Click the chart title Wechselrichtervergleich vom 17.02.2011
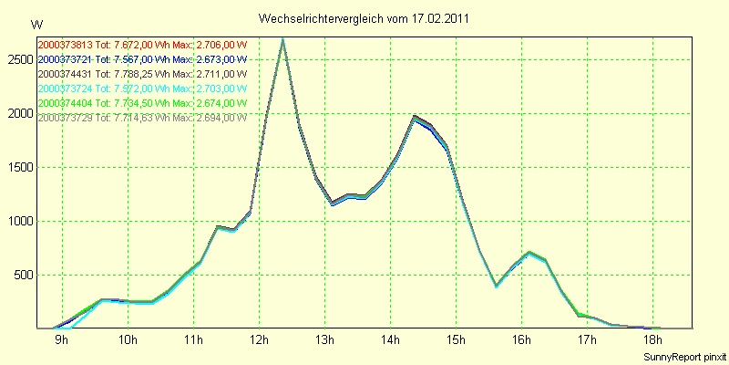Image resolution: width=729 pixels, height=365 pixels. point(364,18)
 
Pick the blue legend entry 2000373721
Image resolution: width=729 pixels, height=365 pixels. point(142,59)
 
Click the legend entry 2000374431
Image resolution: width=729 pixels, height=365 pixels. point(142,74)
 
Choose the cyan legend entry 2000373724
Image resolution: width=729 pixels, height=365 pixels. point(142,89)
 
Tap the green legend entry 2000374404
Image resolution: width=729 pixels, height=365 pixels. point(142,103)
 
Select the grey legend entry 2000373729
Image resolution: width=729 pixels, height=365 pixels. point(142,119)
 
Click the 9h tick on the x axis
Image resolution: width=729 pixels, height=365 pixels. point(62,341)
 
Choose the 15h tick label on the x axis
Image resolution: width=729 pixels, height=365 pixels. point(456,341)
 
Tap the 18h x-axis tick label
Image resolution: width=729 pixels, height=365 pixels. point(652,341)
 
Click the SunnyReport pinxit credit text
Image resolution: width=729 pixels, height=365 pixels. point(684,354)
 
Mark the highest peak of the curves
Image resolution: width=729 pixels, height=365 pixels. point(283,39)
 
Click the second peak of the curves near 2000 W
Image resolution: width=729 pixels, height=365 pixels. point(415,117)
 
